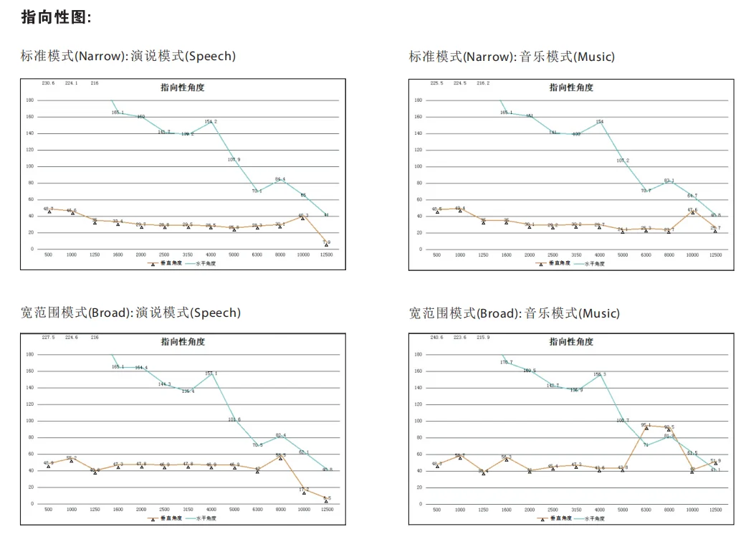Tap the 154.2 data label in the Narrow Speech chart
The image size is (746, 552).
[x=211, y=122]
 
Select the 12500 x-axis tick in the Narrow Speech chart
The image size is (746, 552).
[x=327, y=254]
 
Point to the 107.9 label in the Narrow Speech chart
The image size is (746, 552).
[x=234, y=159]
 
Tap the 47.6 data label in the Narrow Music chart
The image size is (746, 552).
[x=692, y=210]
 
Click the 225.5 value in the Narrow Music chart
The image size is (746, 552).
[x=437, y=83]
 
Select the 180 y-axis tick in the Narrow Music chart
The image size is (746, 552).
[x=417, y=100]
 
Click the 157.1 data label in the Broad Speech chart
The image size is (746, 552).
[x=211, y=373]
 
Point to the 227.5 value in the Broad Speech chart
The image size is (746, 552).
[x=48, y=337]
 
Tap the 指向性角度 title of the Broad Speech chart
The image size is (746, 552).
[x=182, y=342]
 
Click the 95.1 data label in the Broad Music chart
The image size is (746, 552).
[x=646, y=425]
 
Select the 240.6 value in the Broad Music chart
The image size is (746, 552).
[x=437, y=337]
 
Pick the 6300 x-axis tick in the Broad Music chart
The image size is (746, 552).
[x=646, y=510]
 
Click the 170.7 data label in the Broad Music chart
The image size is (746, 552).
[x=507, y=363]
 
